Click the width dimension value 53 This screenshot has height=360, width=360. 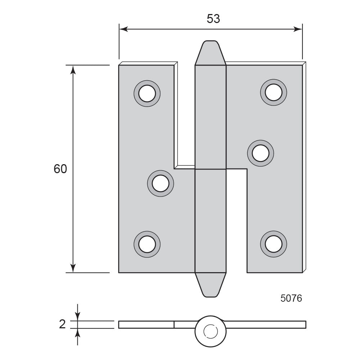(x=213, y=19)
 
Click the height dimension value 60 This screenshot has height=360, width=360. (x=60, y=169)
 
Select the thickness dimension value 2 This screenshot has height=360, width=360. (x=62, y=324)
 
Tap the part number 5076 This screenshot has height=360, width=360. (x=291, y=298)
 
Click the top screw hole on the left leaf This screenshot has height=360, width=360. (x=147, y=94)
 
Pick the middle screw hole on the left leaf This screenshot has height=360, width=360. (x=160, y=184)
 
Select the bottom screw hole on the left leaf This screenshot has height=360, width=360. (x=147, y=244)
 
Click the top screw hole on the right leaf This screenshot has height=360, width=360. (x=274, y=92)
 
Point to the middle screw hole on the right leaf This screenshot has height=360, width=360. (x=260, y=153)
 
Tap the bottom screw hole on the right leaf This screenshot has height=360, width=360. (x=274, y=244)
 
